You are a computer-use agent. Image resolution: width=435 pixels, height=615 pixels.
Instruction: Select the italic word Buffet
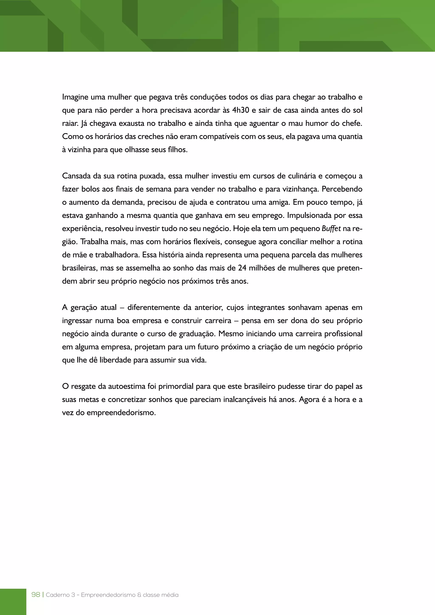pos(331,229)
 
